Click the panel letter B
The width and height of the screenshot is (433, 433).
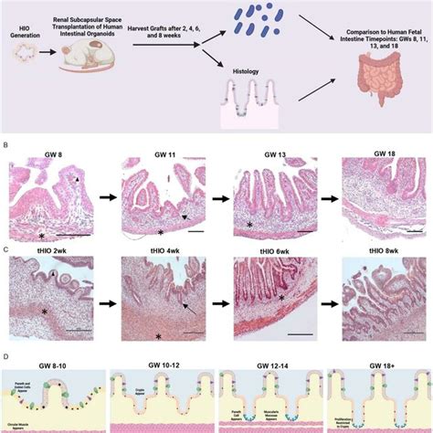tap(7, 144)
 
